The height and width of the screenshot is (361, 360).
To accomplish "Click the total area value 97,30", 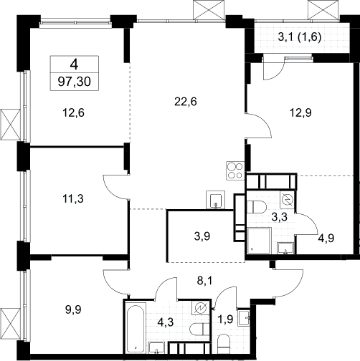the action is (x=75, y=82).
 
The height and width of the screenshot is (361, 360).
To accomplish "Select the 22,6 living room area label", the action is (x=186, y=102).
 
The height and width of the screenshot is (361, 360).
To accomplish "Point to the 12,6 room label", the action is (x=73, y=112).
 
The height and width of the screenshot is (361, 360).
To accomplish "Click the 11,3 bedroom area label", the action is (x=73, y=198).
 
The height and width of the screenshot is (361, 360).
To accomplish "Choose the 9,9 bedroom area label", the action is (x=73, y=309).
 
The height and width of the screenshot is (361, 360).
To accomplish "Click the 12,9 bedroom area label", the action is (x=300, y=112).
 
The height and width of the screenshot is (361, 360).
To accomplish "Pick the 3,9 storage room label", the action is (x=202, y=236).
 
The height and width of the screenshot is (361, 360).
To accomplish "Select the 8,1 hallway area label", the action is (x=204, y=281).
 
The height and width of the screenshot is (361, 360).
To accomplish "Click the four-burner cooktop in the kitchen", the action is (x=235, y=170).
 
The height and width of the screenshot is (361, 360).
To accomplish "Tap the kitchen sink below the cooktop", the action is (x=216, y=200).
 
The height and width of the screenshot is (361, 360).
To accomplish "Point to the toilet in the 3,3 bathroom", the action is (x=256, y=207).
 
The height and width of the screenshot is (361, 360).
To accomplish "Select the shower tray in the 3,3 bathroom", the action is (x=259, y=241).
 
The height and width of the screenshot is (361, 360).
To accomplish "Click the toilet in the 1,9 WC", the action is (x=224, y=344).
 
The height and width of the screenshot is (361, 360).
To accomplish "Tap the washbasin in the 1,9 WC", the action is (x=244, y=318).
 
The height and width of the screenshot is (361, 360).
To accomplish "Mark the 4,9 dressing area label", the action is (x=326, y=238).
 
